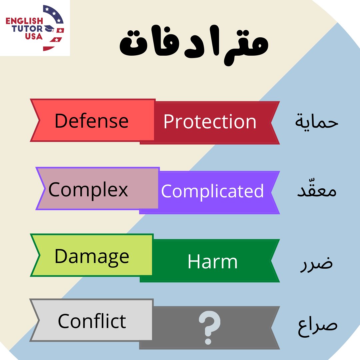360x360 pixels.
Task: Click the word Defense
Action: [x=91, y=121]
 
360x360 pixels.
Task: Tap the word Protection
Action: [x=210, y=122]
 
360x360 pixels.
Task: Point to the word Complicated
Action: [x=212, y=191]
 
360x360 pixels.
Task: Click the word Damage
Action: [x=92, y=257]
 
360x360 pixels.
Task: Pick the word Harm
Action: [x=212, y=262]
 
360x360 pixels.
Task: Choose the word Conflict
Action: [x=92, y=321]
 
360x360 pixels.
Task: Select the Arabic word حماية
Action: [x=317, y=122]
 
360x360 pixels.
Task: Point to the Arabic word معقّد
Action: [x=317, y=191]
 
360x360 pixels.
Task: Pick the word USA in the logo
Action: [x=33, y=37]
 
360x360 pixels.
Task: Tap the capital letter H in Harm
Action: [x=193, y=262]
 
